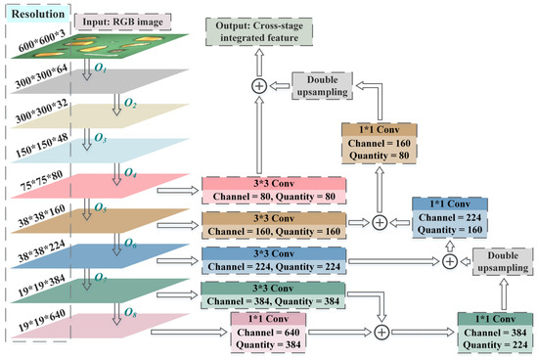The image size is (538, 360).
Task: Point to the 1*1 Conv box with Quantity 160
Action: pyautogui.click(x=450, y=216)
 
